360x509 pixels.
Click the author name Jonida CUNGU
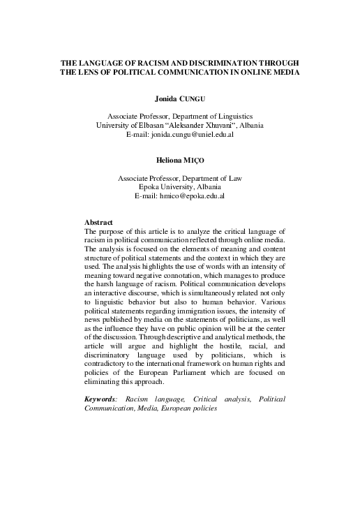179,100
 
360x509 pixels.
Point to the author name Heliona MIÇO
179,161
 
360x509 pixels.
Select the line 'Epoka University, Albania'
179,187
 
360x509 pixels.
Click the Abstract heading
98,222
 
